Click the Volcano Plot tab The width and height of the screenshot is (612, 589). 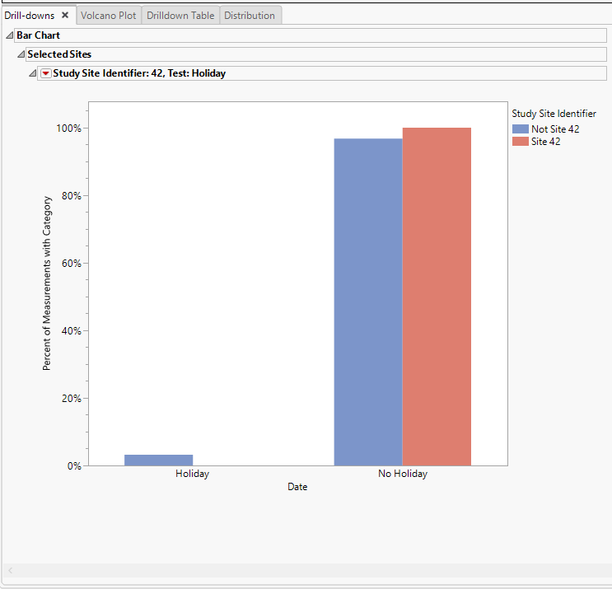[109, 16]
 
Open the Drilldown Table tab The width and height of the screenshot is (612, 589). [180, 16]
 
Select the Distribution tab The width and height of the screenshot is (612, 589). [250, 16]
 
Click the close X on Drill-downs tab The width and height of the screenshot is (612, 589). [65, 15]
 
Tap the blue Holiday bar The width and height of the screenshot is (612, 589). [158, 460]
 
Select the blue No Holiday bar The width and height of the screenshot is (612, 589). [368, 302]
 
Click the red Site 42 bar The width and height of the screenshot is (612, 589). [437, 297]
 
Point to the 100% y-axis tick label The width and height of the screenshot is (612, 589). [68, 129]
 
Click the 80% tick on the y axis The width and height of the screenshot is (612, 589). [70, 196]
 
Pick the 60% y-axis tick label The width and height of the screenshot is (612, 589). [70, 264]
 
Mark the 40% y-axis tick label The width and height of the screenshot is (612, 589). [70, 331]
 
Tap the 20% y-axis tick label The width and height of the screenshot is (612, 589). [70, 399]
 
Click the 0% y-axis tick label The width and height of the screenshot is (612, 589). [72, 466]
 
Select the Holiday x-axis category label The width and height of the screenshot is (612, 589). [192, 474]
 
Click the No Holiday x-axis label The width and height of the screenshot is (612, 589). [403, 474]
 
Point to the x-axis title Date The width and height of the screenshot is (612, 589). [297, 488]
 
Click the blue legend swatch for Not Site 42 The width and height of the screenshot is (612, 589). [520, 129]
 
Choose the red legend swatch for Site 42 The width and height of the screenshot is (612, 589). [520, 142]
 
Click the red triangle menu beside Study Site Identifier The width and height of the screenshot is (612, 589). [45, 73]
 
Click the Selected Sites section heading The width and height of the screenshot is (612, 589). [59, 54]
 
